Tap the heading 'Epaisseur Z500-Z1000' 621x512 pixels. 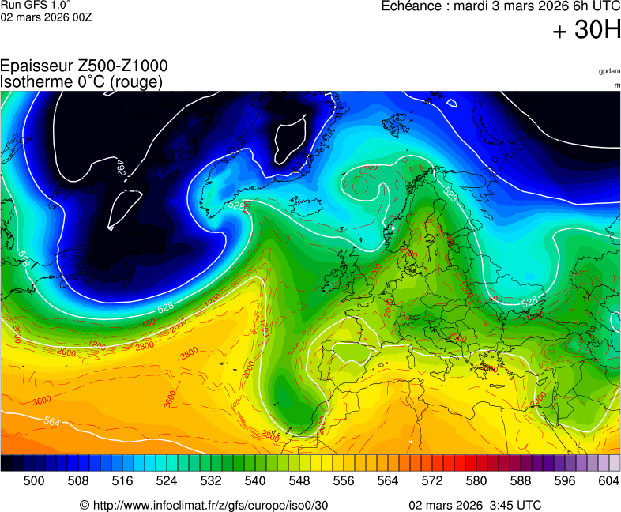(x=84, y=66)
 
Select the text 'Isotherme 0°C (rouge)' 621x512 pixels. (x=81, y=81)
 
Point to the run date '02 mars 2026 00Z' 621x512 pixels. (x=46, y=17)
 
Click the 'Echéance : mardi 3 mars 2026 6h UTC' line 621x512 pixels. (x=501, y=7)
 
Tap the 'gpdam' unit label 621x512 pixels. (x=609, y=71)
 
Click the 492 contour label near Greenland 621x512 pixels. (x=120, y=168)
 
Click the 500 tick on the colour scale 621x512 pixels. (x=34, y=480)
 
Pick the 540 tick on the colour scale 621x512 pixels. (x=255, y=480)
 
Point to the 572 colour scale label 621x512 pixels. (x=432, y=480)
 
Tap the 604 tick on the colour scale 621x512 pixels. (x=609, y=480)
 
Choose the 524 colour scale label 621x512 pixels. (x=167, y=480)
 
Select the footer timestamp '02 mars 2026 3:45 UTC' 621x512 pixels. (x=475, y=505)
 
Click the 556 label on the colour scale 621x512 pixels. (x=344, y=480)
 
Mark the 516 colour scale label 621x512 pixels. (x=122, y=480)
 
